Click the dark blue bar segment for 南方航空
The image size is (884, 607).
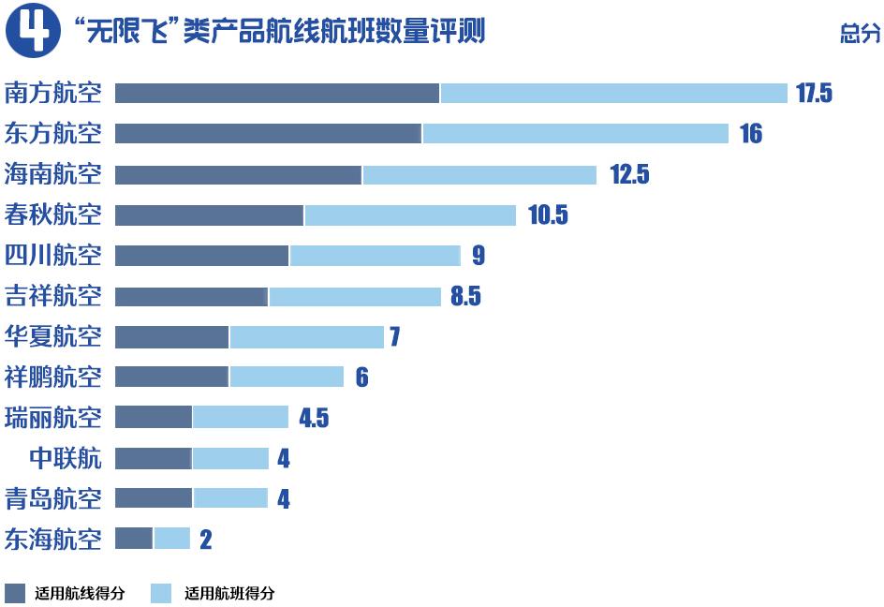[277, 94]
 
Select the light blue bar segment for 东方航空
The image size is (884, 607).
[575, 134]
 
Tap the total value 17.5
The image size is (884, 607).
[814, 94]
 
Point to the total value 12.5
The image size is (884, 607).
[629, 175]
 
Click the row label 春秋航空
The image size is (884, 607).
[53, 215]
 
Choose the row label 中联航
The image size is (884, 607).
[66, 458]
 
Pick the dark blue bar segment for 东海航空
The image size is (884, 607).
[134, 539]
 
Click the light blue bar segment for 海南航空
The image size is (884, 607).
[479, 175]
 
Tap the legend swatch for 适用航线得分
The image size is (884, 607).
[15, 593]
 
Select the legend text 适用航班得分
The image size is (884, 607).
[229, 593]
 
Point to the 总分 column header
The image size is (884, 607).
[860, 36]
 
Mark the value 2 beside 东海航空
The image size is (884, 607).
[206, 540]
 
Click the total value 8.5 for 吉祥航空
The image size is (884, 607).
[465, 297]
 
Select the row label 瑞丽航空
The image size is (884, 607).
[53, 417]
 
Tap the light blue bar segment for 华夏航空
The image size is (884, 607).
[307, 336]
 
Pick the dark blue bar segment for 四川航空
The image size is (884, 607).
[201, 256]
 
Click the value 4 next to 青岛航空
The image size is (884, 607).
[283, 499]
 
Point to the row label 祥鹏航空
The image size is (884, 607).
[53, 377]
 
